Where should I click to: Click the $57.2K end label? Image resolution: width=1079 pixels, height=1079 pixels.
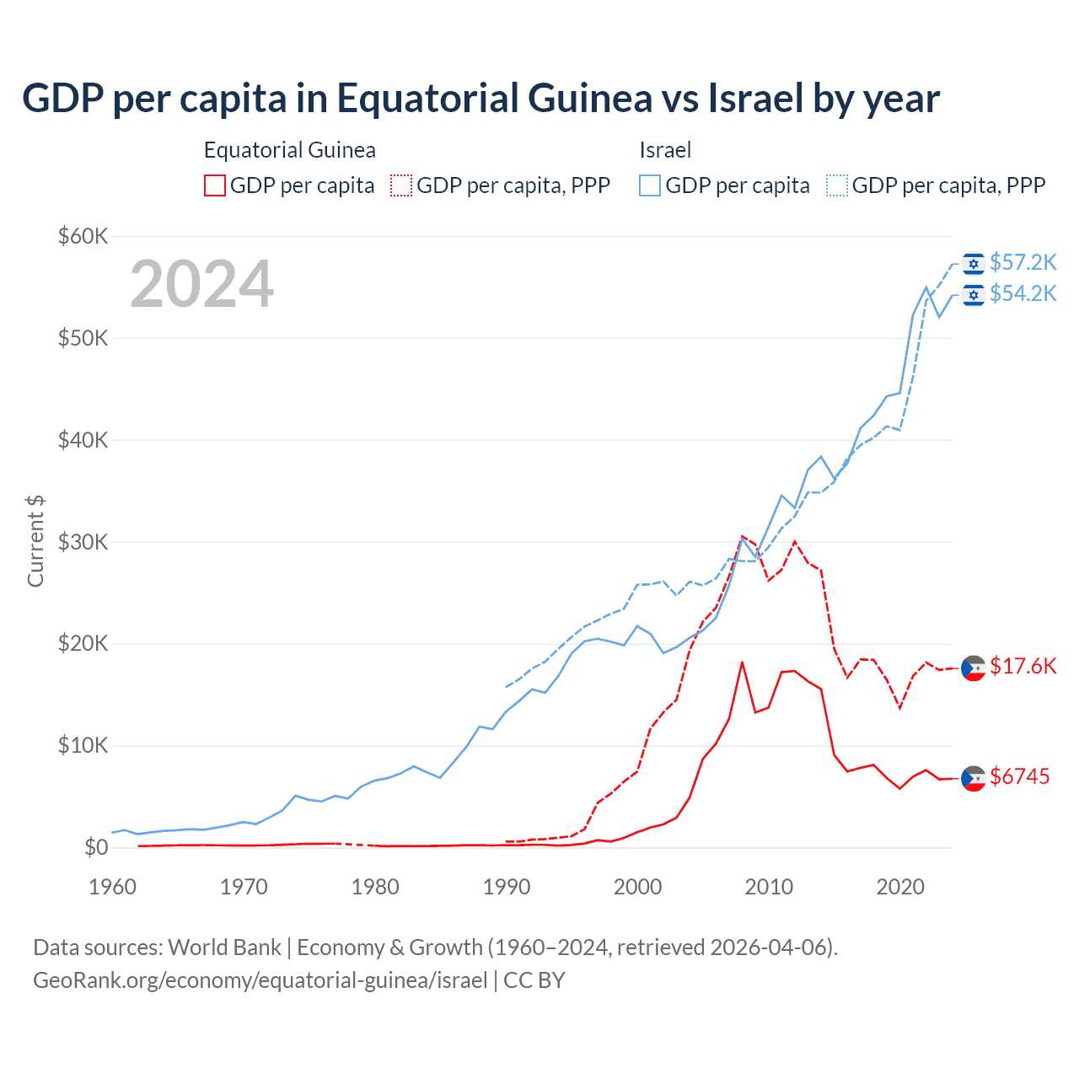(1023, 263)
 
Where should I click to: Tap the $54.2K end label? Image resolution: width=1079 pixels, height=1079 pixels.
(1023, 293)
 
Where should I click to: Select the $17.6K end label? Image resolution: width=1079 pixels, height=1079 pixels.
(1023, 666)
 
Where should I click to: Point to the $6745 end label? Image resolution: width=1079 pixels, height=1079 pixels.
(1019, 776)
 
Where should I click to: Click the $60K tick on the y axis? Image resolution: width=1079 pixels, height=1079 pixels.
(83, 236)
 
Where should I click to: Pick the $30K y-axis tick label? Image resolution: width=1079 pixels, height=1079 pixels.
(83, 542)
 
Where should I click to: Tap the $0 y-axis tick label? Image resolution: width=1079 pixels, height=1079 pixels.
(96, 847)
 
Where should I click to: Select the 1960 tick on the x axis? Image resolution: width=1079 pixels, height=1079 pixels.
(112, 887)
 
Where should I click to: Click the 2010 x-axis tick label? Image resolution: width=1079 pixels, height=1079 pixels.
(769, 887)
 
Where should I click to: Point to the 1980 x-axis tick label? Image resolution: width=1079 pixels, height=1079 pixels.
(375, 887)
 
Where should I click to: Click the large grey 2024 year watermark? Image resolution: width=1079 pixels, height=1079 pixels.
(201, 284)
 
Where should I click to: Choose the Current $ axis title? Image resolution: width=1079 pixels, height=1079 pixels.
(35, 541)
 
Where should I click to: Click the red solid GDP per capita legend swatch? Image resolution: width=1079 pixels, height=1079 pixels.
(215, 185)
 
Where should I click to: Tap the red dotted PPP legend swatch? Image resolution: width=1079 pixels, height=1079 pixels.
(401, 185)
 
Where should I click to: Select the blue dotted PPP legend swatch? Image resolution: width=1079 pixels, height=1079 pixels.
(837, 185)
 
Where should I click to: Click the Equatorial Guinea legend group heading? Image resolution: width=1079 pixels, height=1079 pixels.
(289, 150)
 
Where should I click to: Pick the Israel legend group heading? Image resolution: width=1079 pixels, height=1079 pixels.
(665, 150)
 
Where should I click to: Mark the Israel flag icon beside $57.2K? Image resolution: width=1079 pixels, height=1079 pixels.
(974, 264)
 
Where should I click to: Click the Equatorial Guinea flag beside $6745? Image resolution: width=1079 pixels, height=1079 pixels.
(974, 778)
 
